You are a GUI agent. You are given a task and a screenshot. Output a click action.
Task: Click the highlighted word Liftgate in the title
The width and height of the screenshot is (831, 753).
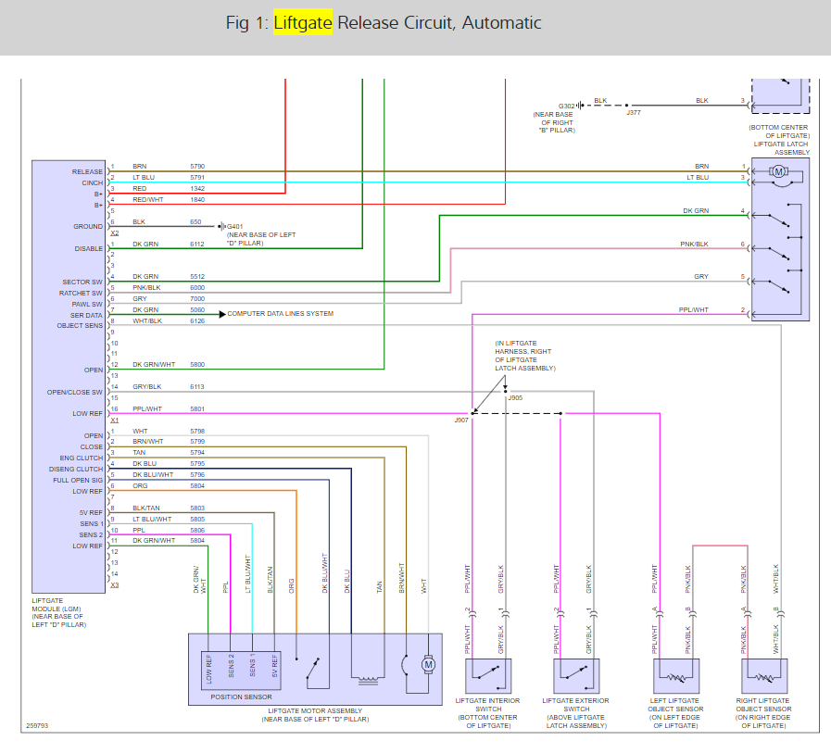(x=303, y=23)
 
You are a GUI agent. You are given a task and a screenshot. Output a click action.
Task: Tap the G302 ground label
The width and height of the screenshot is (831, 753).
(x=567, y=106)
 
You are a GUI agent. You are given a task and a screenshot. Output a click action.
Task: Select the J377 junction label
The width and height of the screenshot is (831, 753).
(x=633, y=113)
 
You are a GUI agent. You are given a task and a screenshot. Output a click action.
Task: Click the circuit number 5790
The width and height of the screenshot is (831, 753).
(x=197, y=166)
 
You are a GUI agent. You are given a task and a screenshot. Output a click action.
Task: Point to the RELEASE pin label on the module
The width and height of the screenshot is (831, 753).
(x=88, y=172)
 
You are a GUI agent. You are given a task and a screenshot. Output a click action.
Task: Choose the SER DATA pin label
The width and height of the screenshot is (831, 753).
(x=88, y=315)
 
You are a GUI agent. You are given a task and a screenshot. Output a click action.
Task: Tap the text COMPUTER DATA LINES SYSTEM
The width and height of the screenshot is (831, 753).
(x=280, y=314)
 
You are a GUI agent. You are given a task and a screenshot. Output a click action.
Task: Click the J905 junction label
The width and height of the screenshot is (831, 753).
(x=515, y=398)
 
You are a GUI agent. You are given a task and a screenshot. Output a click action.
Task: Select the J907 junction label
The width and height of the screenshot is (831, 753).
(x=461, y=420)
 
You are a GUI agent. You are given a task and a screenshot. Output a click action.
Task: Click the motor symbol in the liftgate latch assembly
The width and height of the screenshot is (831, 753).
(x=779, y=171)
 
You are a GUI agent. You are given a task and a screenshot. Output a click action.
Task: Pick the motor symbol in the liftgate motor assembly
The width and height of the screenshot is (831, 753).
(x=427, y=664)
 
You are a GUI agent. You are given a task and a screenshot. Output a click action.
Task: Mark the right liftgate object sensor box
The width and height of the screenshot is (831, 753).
(x=762, y=673)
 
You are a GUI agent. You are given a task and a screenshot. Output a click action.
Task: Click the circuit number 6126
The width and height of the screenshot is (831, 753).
(x=197, y=321)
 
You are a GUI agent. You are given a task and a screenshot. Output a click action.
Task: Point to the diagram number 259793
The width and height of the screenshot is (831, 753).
(x=39, y=726)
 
